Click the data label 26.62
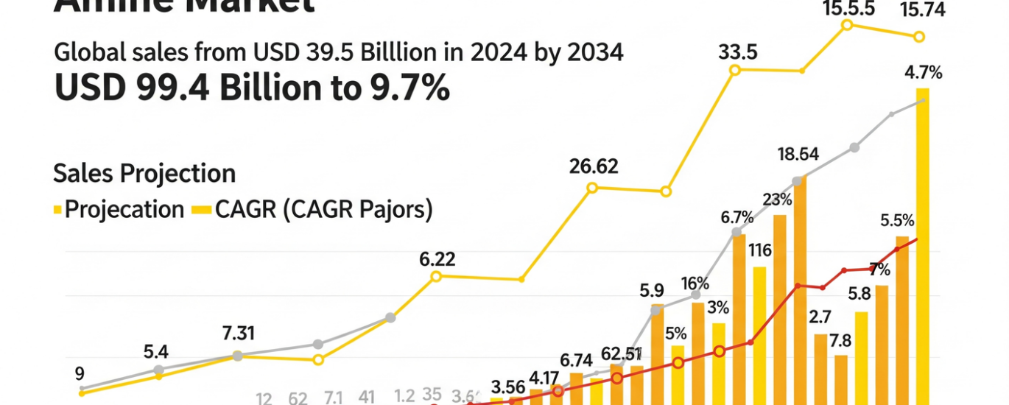click(x=594, y=166)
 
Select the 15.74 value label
click(x=917, y=10)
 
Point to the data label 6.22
click(x=437, y=259)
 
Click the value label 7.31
click(x=238, y=333)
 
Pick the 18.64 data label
click(x=798, y=155)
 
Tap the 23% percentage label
click(x=778, y=200)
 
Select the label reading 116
click(x=759, y=250)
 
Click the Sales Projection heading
click(x=144, y=174)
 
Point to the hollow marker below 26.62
click(x=592, y=188)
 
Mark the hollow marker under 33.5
click(x=734, y=70)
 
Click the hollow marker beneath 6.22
click(x=435, y=277)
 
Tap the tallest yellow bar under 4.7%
click(x=922, y=243)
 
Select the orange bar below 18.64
click(x=799, y=287)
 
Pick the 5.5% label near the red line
click(x=897, y=220)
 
